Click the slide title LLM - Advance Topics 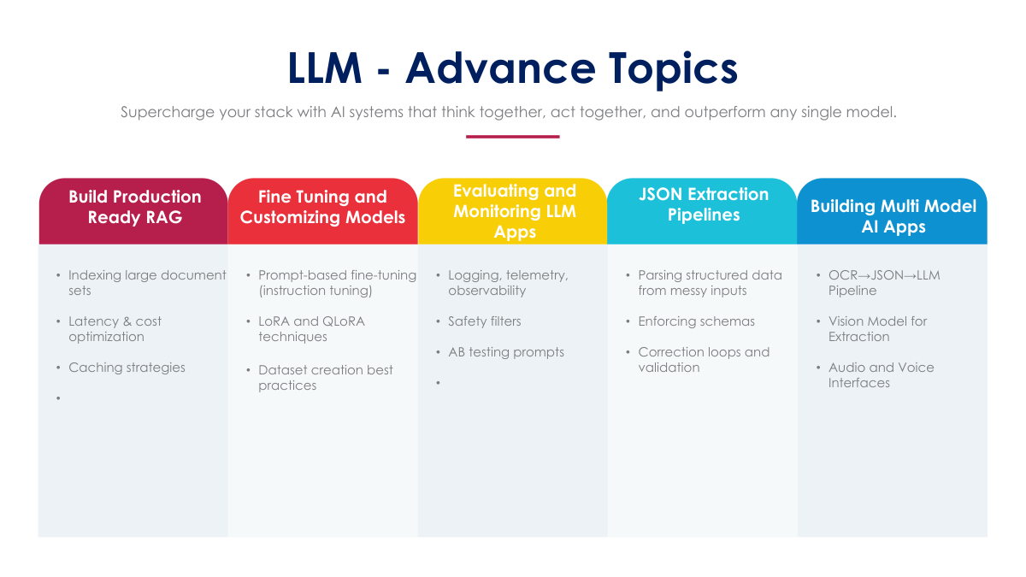click(512, 68)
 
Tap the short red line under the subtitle click(512, 136)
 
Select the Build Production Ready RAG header click(134, 207)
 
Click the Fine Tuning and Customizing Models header click(322, 207)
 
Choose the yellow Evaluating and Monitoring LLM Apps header click(514, 210)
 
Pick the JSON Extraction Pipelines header click(703, 204)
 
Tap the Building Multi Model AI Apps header click(893, 216)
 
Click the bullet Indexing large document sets click(146, 283)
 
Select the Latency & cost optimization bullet click(115, 329)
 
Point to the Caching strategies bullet click(127, 368)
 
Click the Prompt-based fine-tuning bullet click(337, 283)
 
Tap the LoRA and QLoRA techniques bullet click(311, 329)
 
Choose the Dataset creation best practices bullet click(325, 378)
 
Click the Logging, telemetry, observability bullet click(508, 283)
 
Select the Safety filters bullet click(484, 321)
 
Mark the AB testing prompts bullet click(506, 352)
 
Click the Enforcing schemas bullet click(696, 321)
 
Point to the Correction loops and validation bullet click(703, 360)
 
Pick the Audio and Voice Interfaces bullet click(881, 375)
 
